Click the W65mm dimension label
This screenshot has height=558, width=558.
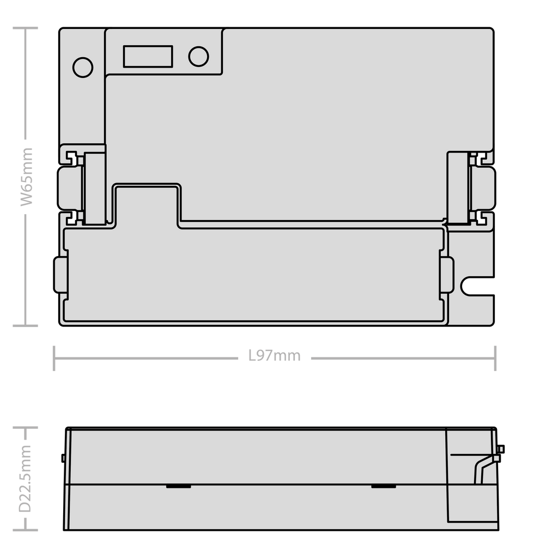(26, 177)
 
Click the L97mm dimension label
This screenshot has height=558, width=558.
(275, 355)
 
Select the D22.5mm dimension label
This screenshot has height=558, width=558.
(25, 478)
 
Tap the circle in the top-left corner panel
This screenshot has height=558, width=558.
(83, 67)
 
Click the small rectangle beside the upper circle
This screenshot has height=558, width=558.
(148, 56)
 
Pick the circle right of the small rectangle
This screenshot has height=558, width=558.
(198, 56)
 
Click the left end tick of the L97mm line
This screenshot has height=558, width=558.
(54, 358)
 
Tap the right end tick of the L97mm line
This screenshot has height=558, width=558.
(495, 358)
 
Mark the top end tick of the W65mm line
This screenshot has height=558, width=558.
(25, 28)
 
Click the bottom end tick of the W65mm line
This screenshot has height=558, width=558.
(25, 325)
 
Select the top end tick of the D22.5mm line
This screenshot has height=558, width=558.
(25, 428)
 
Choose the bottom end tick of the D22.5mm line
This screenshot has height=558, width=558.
(25, 530)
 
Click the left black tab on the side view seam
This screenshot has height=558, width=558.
(179, 486)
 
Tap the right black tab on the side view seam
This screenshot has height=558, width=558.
(384, 486)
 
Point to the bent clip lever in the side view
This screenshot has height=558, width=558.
(487, 469)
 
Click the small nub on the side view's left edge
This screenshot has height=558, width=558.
(63, 458)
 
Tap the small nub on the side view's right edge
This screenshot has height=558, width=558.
(502, 449)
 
